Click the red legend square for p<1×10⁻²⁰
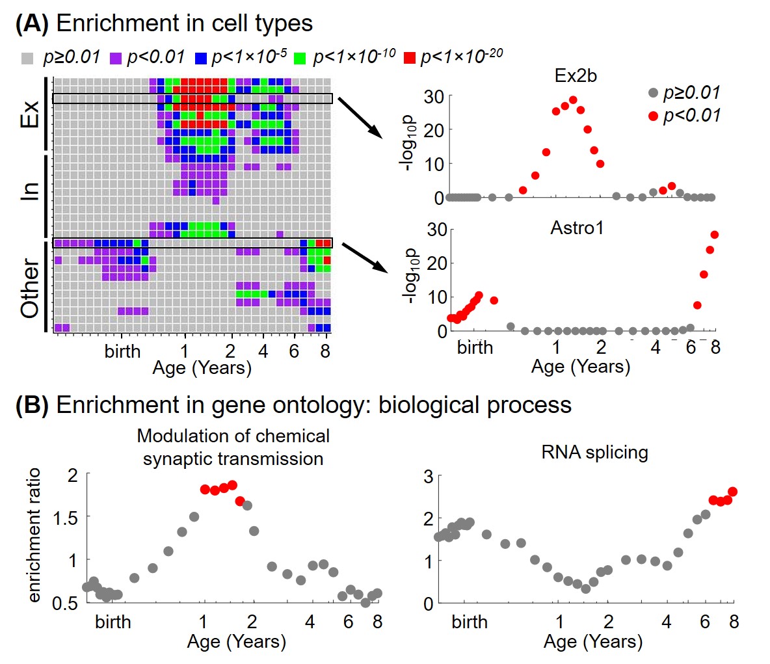409,57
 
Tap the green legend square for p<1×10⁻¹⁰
300,57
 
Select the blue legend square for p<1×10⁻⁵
201,57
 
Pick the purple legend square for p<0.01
116,57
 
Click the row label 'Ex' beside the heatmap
29,113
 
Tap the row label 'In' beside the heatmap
29,190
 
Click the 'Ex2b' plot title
576,75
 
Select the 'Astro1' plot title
577,228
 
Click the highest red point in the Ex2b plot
573,100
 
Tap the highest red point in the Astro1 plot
715,235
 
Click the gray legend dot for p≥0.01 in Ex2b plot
654,93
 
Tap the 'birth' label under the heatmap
122,351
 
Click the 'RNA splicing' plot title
594,452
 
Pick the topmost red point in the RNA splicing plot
732,492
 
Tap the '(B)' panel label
32,405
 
